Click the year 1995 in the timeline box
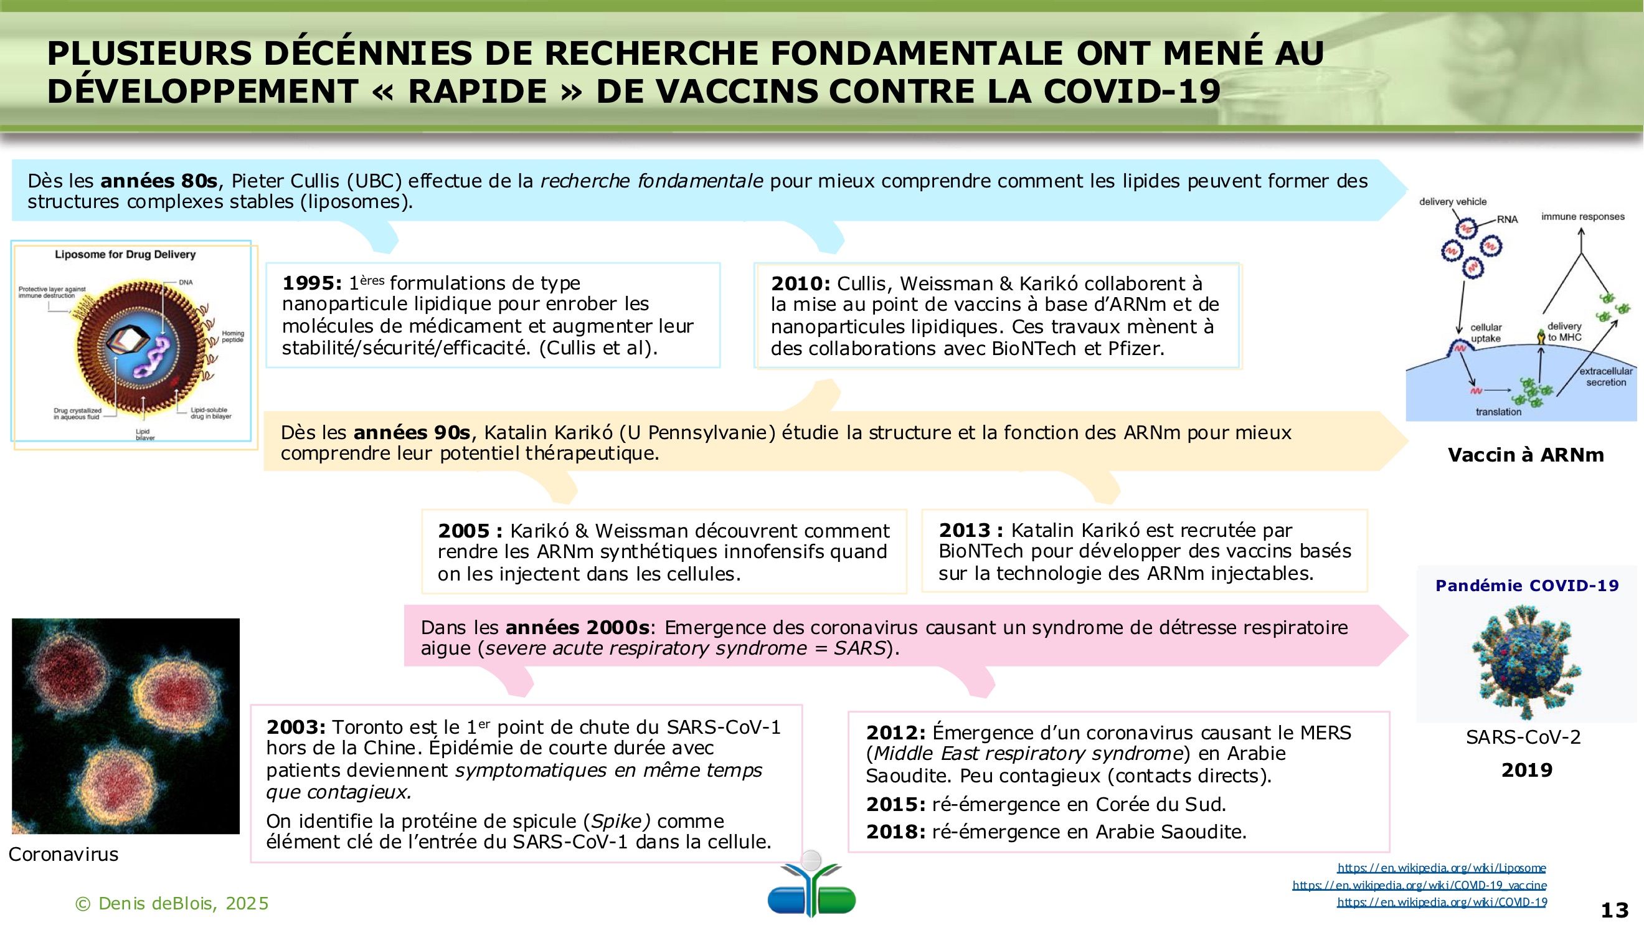(x=311, y=283)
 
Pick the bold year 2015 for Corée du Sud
(x=895, y=804)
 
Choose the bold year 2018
(x=895, y=832)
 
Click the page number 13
(x=1615, y=909)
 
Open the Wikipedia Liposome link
(x=1441, y=868)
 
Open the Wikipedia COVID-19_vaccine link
(x=1419, y=885)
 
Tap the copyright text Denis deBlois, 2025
(x=172, y=903)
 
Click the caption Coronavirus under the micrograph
(x=63, y=854)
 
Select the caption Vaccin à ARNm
(x=1525, y=455)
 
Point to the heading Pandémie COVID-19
(x=1526, y=586)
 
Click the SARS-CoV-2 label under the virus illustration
(x=1523, y=738)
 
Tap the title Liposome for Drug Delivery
(x=125, y=255)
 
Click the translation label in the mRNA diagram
(x=1498, y=412)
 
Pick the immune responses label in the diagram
(x=1583, y=217)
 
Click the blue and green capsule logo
(x=811, y=888)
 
